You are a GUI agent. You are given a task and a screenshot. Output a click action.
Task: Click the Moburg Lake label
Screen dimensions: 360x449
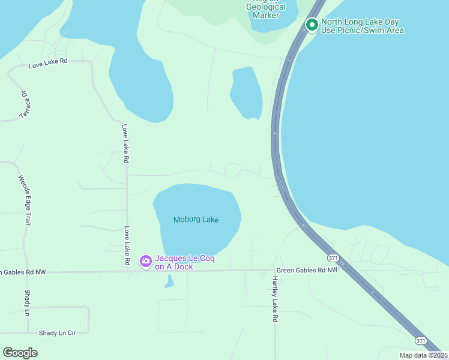point(196,220)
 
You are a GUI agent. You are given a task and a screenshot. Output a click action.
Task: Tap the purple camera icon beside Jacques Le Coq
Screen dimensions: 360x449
point(145,261)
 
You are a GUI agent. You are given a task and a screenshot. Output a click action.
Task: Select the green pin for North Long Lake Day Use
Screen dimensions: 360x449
point(312,25)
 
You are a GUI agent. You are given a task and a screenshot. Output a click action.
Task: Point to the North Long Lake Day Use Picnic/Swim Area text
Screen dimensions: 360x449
point(362,26)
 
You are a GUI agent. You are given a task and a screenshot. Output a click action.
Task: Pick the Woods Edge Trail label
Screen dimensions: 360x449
point(25,200)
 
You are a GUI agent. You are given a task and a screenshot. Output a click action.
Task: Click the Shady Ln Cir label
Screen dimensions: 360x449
point(58,332)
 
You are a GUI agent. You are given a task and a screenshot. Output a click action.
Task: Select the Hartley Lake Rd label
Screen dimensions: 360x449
point(274,299)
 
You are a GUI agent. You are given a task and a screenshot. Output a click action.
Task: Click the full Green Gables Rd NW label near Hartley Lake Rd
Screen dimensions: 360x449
point(307,270)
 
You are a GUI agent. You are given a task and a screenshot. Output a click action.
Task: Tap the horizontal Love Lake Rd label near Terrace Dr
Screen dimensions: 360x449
point(48,62)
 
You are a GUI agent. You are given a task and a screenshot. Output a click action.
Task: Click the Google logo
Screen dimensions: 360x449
point(20,353)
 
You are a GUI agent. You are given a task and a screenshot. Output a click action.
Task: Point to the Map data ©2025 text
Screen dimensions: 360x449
point(423,355)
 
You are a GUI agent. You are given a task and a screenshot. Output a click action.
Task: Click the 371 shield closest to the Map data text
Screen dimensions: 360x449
point(421,340)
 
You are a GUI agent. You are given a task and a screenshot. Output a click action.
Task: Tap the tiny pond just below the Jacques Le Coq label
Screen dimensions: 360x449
point(169,281)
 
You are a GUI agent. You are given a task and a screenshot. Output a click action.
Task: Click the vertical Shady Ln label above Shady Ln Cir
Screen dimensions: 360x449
point(27,302)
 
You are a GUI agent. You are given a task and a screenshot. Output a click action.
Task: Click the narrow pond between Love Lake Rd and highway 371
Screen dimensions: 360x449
point(246,93)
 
